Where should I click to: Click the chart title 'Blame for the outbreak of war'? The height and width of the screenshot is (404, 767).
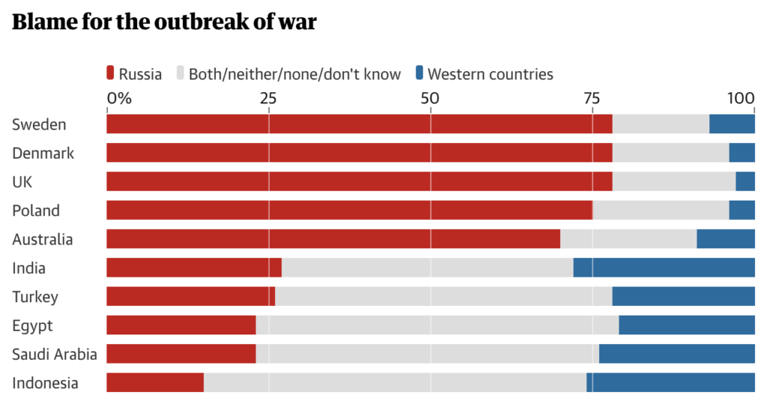[x=164, y=22]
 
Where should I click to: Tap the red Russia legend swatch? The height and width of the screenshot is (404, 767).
[x=111, y=73]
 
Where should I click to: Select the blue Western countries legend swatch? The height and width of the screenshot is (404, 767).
[x=419, y=73]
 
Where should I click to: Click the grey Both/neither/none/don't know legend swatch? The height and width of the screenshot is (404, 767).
[x=181, y=73]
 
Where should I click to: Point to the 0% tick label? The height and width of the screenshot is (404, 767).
[x=118, y=98]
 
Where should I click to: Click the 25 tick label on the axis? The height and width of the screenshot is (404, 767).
[x=269, y=98]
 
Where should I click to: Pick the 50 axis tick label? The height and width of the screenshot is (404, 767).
[x=430, y=98]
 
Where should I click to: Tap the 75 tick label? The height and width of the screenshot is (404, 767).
[x=592, y=98]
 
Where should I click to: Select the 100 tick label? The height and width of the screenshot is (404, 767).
[x=741, y=98]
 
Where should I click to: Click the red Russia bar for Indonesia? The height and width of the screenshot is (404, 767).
[x=155, y=382]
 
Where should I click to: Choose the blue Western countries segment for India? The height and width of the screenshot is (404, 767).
[x=664, y=268]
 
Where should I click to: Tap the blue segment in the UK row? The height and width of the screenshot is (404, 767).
[x=745, y=182]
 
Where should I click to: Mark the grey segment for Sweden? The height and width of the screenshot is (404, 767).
[x=661, y=124]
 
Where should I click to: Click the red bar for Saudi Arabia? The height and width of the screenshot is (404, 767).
[x=181, y=354]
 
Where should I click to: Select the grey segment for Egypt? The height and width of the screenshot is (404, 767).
[x=437, y=325]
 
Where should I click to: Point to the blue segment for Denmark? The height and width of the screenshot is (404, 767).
[x=742, y=153]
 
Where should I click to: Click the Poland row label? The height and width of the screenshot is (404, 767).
[x=36, y=211]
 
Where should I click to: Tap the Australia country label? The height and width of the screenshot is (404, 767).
[x=43, y=239]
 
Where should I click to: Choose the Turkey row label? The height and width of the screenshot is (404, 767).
[x=35, y=297]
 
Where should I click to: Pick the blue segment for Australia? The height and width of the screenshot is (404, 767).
[x=725, y=239]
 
